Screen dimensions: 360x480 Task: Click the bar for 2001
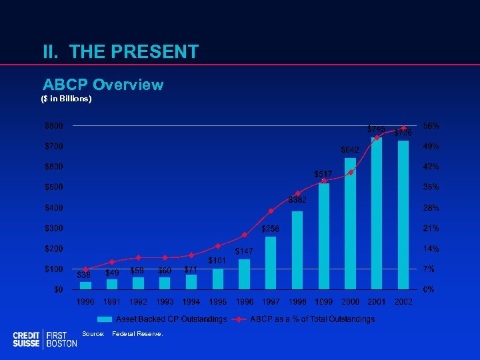pyautogui.click(x=377, y=213)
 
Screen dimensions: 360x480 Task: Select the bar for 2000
pyautogui.click(x=350, y=224)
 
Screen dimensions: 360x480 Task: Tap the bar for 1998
pyautogui.click(x=297, y=251)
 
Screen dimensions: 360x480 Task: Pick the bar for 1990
pyautogui.click(x=85, y=285)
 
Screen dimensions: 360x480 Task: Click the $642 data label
pyautogui.click(x=350, y=149)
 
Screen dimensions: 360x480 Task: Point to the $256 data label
pyautogui.click(x=271, y=229)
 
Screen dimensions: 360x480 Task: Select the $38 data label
pyautogui.click(x=84, y=274)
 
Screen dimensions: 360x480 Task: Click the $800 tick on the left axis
pyautogui.click(x=55, y=125)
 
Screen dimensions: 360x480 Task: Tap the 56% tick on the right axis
pyautogui.click(x=431, y=125)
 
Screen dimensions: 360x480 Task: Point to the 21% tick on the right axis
pyautogui.click(x=431, y=228)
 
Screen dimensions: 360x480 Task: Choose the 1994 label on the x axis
pyautogui.click(x=191, y=303)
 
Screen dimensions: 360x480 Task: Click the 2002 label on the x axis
pyautogui.click(x=403, y=303)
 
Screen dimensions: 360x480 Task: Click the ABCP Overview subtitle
pyautogui.click(x=103, y=85)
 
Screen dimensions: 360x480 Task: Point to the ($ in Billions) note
pyautogui.click(x=67, y=99)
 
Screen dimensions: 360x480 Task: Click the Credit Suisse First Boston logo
pyautogui.click(x=45, y=339)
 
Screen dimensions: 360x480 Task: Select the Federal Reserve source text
pyautogui.click(x=137, y=333)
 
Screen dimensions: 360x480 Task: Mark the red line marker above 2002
pyautogui.click(x=403, y=128)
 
